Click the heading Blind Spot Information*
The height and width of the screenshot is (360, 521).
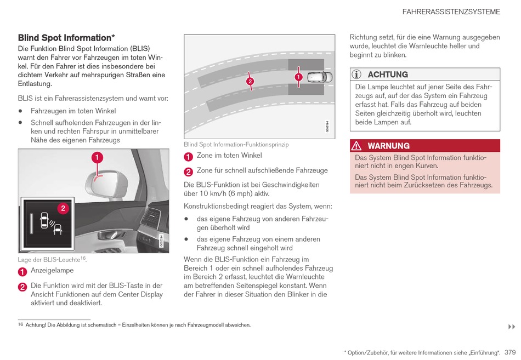coord(66,38)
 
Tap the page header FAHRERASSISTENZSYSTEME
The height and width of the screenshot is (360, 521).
coord(451,12)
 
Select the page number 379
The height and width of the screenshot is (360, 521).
coord(510,352)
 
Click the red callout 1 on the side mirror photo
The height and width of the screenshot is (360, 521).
coord(96,158)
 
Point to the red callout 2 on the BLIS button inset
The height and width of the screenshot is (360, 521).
coord(63,208)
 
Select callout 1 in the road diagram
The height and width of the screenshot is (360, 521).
coord(298,77)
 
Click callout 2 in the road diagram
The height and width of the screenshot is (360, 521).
coord(250,82)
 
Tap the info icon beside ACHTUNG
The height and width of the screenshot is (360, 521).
coord(358,75)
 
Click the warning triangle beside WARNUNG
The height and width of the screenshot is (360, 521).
coord(357,146)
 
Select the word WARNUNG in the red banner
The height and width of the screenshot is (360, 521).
coord(388,146)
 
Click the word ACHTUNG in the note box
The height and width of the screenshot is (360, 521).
coord(388,75)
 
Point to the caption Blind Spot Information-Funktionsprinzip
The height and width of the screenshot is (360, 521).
coord(236,145)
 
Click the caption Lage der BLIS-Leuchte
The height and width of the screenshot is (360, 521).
coord(49,260)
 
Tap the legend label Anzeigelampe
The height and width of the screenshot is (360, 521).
coord(52,271)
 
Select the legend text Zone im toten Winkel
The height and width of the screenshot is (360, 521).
coord(229,156)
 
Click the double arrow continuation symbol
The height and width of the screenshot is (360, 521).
coord(511,327)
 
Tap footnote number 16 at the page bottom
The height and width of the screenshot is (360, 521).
coord(20,325)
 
